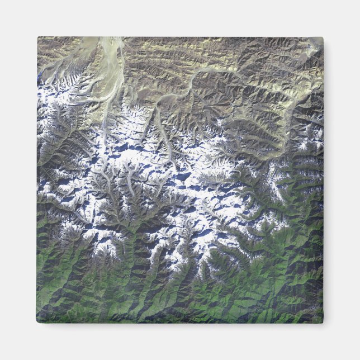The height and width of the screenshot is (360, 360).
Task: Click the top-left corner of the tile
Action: click(38, 37)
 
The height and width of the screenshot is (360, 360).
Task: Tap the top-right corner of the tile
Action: click(323, 37)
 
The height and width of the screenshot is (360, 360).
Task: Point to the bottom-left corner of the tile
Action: click(37, 323)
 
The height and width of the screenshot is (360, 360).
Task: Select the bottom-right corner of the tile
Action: click(323, 323)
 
